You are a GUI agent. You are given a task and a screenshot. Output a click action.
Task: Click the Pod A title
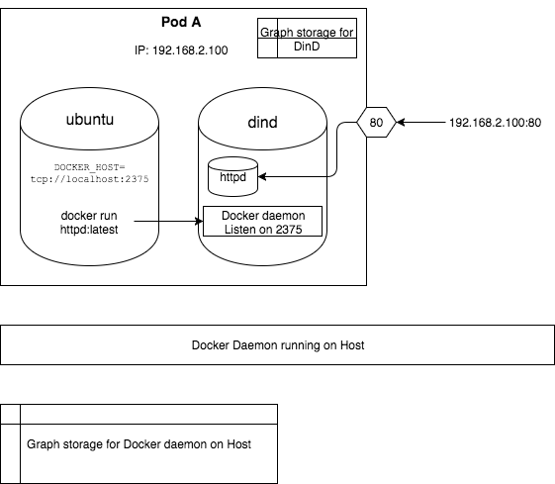pos(183,23)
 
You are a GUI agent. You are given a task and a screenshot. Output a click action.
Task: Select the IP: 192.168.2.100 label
pos(182,49)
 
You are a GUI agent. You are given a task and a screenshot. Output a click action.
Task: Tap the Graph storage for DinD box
pos(307,39)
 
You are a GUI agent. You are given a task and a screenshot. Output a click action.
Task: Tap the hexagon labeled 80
pos(376,123)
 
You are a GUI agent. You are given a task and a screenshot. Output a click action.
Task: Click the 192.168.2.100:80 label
pos(494,123)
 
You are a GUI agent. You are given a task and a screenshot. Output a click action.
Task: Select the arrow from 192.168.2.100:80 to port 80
pos(420,123)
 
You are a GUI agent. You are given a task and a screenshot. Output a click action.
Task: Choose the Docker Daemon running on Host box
pos(277,345)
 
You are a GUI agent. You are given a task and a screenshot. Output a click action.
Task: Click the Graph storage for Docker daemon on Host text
pos(139,443)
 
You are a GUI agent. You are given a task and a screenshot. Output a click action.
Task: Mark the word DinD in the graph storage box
pos(307,46)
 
